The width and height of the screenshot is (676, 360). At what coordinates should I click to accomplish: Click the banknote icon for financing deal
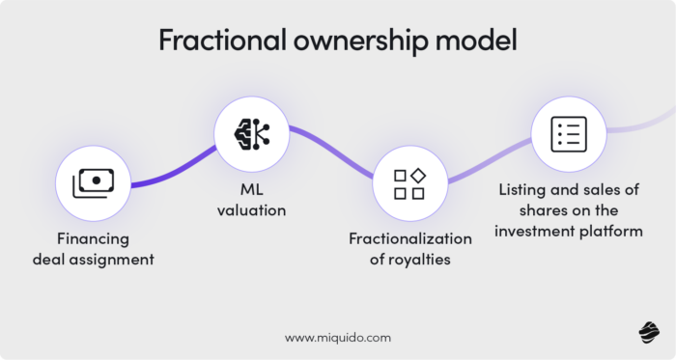(93, 182)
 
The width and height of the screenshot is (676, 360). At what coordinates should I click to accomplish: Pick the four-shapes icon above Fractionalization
(409, 182)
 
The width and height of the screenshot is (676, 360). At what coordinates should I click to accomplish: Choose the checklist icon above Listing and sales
(569, 133)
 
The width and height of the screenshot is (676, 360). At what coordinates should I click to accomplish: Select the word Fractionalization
(410, 238)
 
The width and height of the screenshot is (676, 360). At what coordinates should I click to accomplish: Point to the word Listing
(522, 190)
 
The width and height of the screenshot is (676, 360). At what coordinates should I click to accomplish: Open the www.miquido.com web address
(338, 338)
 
